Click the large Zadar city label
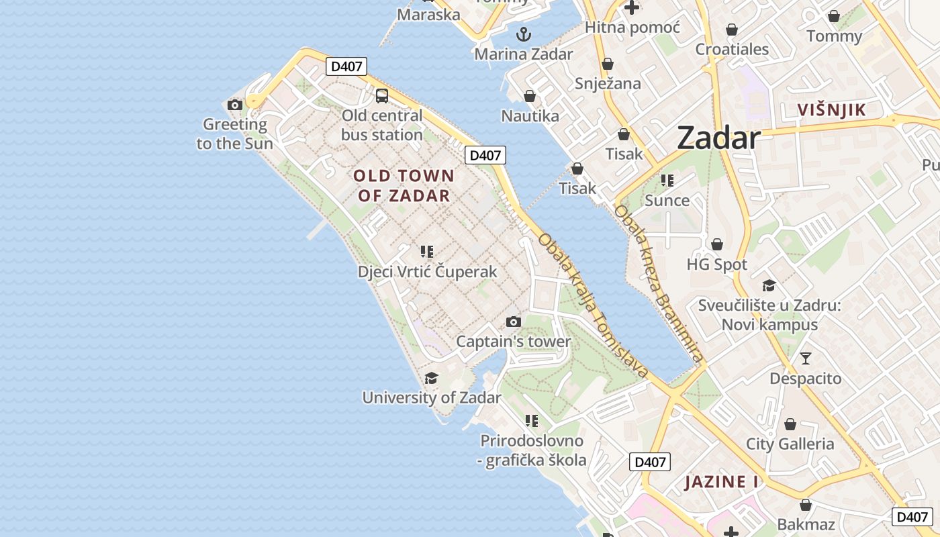[x=718, y=138]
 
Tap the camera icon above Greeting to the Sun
[x=234, y=105]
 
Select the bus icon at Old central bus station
[x=382, y=96]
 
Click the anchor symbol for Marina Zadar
[x=523, y=34]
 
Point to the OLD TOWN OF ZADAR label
[x=404, y=186]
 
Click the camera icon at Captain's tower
[x=514, y=322]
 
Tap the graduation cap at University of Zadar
[x=431, y=379]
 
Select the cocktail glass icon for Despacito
[x=805, y=358]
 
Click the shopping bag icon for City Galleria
[x=790, y=424]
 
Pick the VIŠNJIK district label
[x=831, y=110]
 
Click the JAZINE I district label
[x=721, y=482]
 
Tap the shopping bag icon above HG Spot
[x=717, y=244]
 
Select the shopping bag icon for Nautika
[x=530, y=97]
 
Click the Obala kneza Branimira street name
[x=658, y=285]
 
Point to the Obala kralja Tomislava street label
[x=594, y=306]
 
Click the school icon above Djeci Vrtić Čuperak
[x=427, y=252]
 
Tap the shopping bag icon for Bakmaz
[x=805, y=505]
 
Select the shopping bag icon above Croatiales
[x=732, y=30]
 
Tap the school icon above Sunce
[x=667, y=180]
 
